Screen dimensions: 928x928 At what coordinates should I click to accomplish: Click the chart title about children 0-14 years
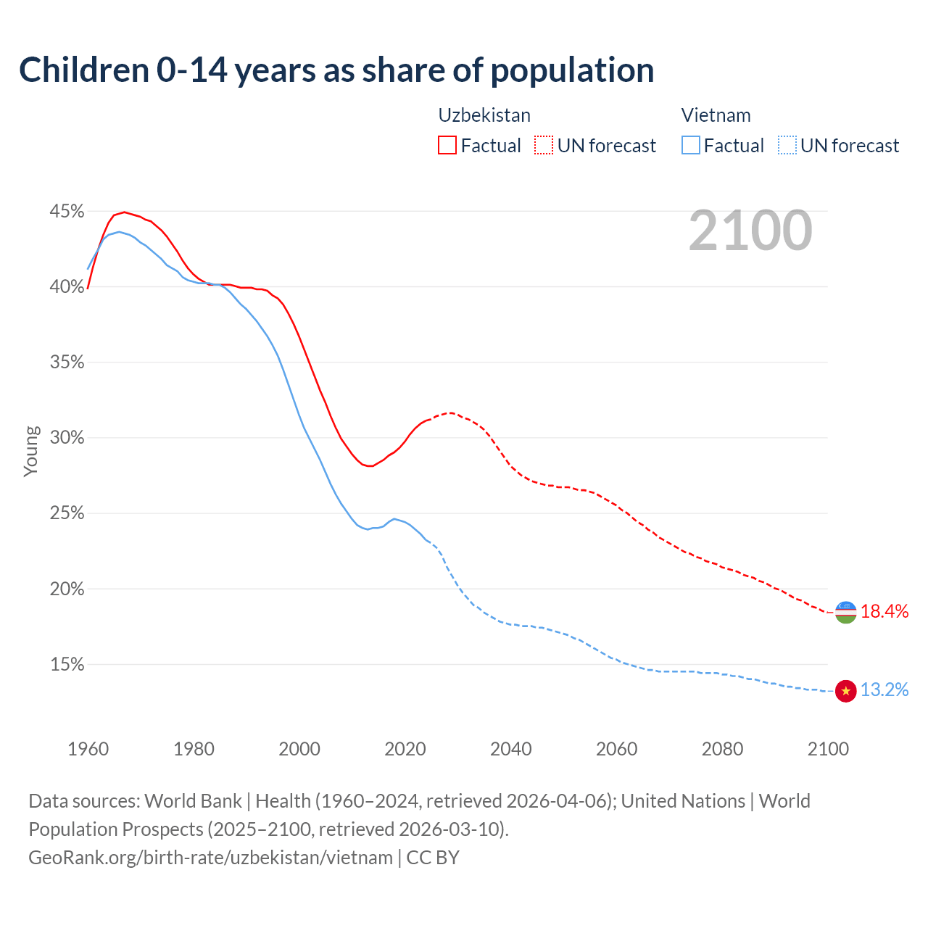[336, 70]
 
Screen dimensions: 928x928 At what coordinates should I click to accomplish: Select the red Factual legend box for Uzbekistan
[447, 146]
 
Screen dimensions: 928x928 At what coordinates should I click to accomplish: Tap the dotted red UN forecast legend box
[544, 146]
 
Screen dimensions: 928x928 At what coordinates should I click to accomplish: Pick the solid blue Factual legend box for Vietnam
[691, 146]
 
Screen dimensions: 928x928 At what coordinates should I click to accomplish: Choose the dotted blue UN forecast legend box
[787, 146]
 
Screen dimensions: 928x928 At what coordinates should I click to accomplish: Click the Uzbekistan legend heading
[484, 115]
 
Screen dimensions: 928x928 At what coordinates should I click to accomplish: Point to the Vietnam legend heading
[716, 115]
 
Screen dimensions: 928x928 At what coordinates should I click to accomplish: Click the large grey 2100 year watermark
[750, 231]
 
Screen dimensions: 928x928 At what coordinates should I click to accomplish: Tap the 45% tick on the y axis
[67, 212]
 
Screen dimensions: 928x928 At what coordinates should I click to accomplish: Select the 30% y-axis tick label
[67, 438]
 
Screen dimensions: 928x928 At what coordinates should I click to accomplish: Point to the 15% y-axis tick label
[67, 665]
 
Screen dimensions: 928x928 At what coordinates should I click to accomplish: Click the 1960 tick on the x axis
[88, 749]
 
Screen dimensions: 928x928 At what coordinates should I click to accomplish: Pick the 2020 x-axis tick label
[405, 749]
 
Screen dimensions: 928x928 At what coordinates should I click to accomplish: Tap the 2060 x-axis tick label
[616, 749]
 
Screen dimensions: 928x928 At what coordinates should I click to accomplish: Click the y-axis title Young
[30, 451]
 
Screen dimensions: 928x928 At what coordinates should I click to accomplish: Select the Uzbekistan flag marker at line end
[845, 612]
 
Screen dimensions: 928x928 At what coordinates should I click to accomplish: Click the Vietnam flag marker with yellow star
[845, 691]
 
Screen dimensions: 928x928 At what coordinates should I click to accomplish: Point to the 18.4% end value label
[884, 612]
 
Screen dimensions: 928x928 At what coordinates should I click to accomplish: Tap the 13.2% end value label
[884, 690]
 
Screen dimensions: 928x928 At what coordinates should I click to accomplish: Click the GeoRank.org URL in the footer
[210, 858]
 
